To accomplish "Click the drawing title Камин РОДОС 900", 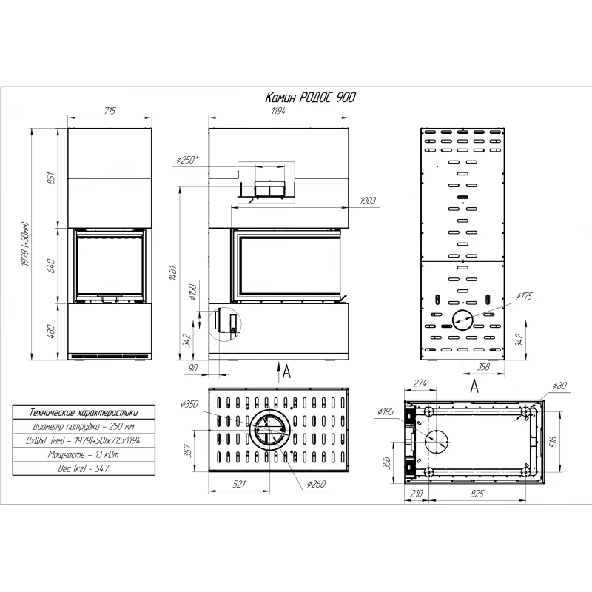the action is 310,98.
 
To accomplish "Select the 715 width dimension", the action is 110,111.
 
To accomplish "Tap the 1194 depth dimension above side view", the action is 278,111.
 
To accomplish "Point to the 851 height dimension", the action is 51,178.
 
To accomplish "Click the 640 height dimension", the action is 51,266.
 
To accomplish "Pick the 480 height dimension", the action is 51,332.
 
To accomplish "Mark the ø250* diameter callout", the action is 187,160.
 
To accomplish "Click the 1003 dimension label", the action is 367,201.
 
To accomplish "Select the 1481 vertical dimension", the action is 173,272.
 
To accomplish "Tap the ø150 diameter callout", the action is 192,292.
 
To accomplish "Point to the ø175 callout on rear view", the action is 524,297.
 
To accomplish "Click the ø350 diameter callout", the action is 189,404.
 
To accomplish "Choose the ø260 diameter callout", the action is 316,485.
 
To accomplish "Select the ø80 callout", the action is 559,386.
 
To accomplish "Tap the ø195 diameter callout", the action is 386,411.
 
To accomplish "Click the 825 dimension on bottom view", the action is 477,494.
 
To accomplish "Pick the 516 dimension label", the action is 554,442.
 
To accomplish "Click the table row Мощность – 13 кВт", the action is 84,454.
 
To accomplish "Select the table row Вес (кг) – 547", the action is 84,468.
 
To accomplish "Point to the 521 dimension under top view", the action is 239,485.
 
